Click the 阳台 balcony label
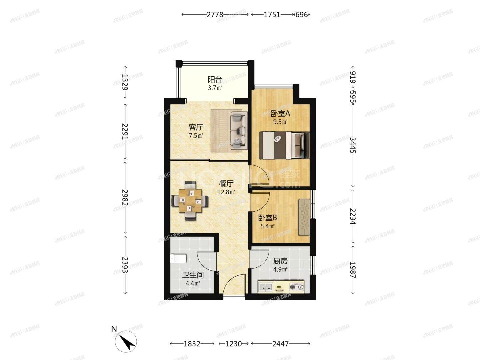[215, 80]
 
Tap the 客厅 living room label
[196, 127]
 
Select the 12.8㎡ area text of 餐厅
[226, 192]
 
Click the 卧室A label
[280, 113]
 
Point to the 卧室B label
[268, 218]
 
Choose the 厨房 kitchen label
[280, 261]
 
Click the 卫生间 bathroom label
[193, 275]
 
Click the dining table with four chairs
[190, 201]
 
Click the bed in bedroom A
[284, 145]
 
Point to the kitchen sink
[265, 287]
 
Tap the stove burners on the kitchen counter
[296, 287]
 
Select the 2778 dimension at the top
[215, 15]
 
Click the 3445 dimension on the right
[353, 145]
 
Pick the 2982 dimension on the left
[125, 197]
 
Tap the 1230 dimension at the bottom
[233, 344]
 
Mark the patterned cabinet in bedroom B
[304, 217]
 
